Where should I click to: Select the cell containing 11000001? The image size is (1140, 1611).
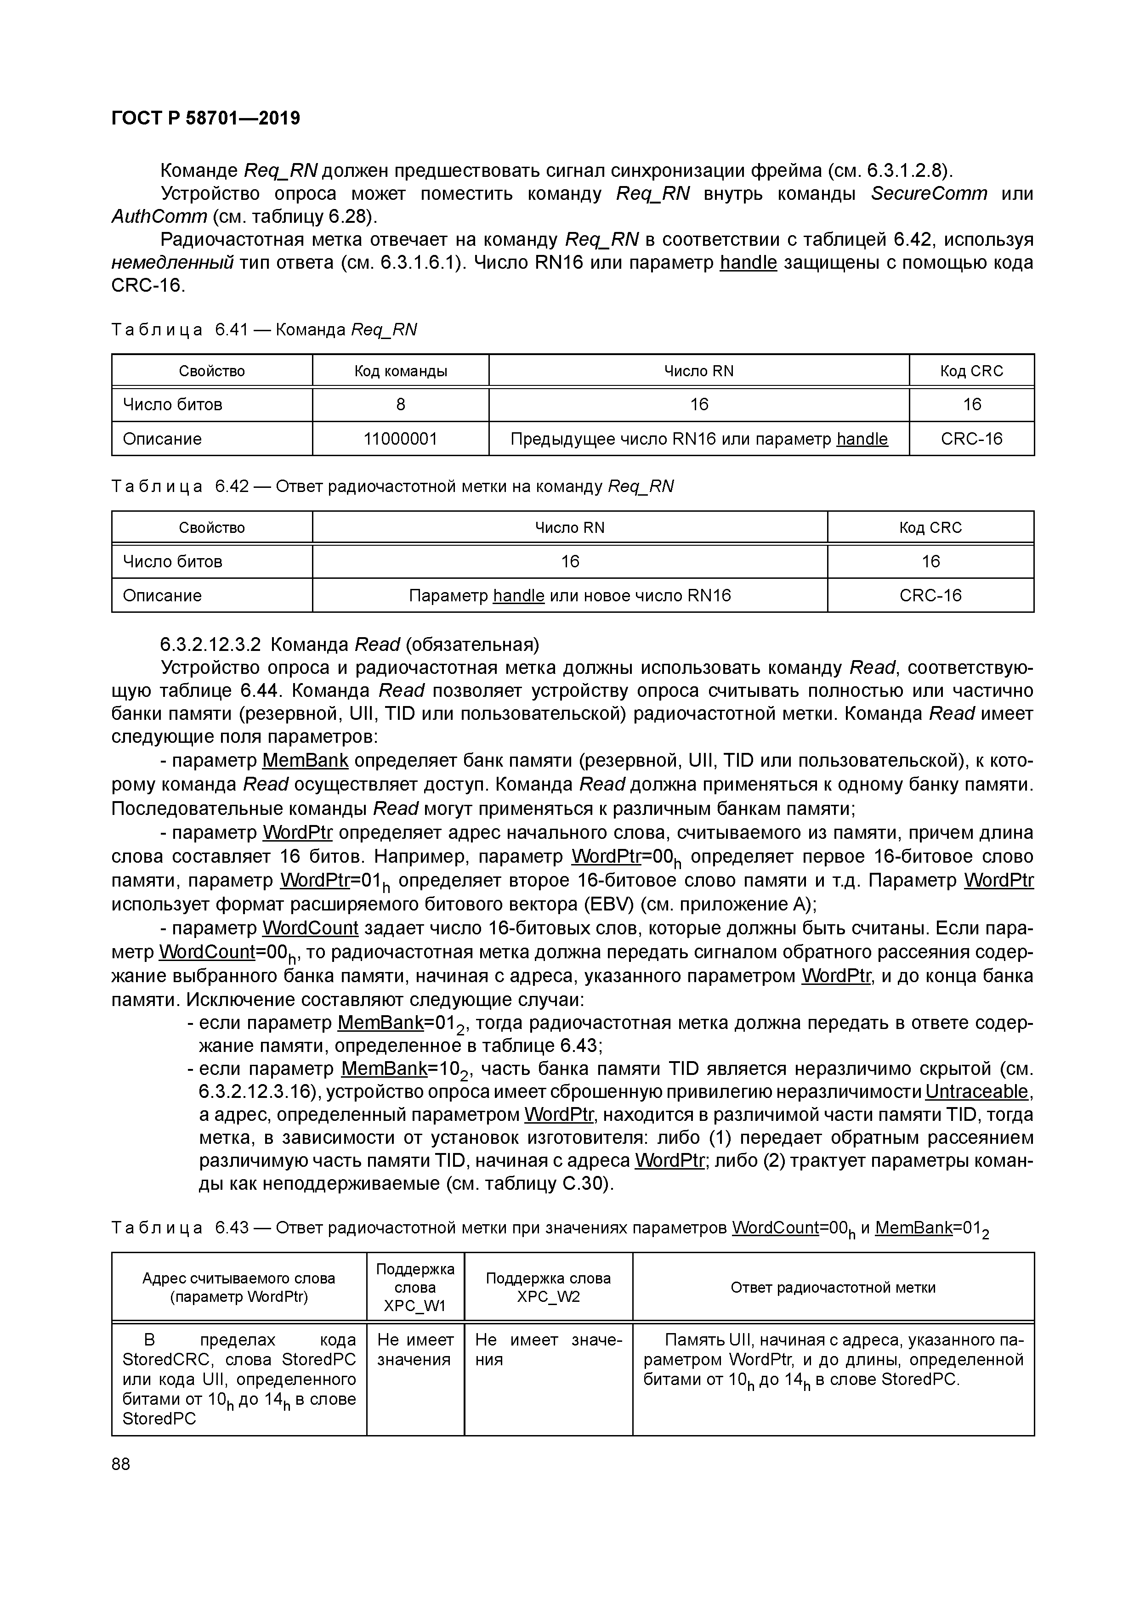click(400, 439)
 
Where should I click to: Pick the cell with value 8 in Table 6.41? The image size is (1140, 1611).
click(400, 404)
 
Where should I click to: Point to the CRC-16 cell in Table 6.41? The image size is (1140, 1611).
click(971, 439)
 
